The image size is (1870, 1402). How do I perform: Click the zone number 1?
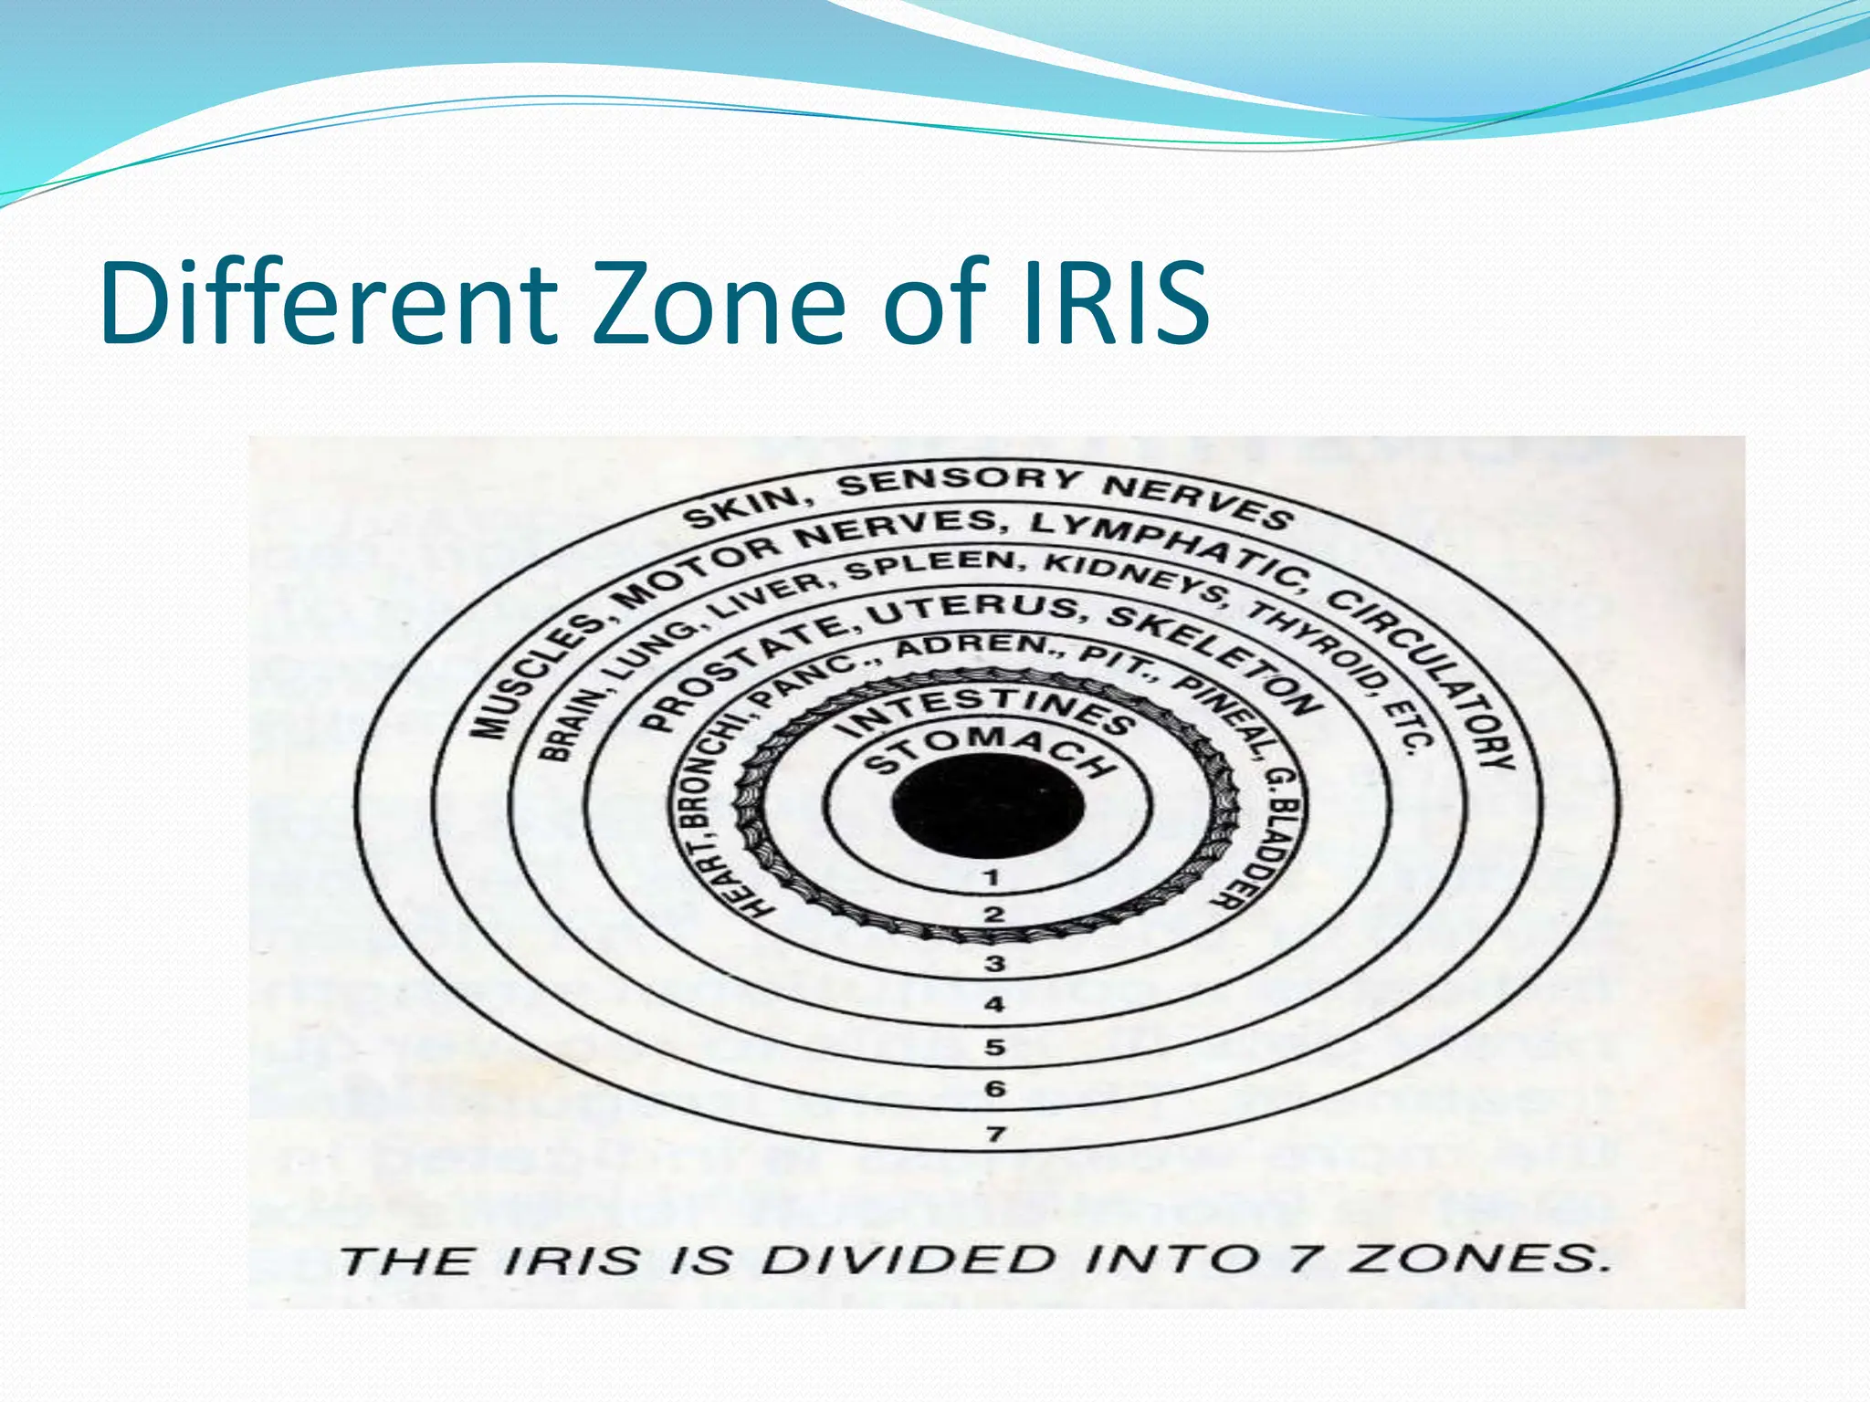pyautogui.click(x=993, y=878)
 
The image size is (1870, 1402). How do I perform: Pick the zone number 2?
pyautogui.click(x=993, y=914)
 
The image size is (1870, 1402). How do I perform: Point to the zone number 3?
pyautogui.click(x=994, y=963)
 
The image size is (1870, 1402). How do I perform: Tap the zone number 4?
pyautogui.click(x=994, y=1004)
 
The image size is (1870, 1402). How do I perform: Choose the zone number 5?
pyautogui.click(x=994, y=1047)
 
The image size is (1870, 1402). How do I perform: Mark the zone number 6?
pyautogui.click(x=994, y=1089)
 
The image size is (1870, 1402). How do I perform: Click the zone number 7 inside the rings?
pyautogui.click(x=995, y=1135)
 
